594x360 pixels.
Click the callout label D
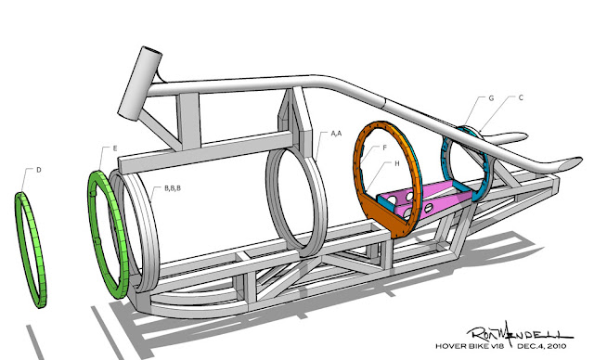(x=38, y=170)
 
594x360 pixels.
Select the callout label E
(x=115, y=148)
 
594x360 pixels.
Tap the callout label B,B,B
(x=173, y=188)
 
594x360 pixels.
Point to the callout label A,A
(x=336, y=134)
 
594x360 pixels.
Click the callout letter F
(x=384, y=148)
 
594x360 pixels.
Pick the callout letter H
(x=397, y=163)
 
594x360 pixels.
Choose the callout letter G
(x=491, y=98)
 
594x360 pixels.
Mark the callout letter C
(x=521, y=97)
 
